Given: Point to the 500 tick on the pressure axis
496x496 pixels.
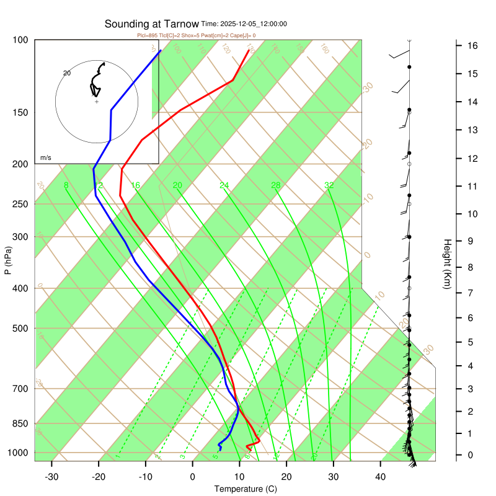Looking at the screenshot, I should point(20,329).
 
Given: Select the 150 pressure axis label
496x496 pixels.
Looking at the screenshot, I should point(20,113).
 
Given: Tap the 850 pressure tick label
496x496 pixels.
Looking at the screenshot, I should point(20,424).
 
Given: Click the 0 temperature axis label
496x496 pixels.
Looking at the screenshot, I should point(192,477).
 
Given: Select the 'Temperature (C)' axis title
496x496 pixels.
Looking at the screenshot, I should point(246,489).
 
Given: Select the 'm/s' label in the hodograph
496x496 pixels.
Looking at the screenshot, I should point(46,158).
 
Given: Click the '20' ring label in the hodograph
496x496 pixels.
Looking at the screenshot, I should point(68,73).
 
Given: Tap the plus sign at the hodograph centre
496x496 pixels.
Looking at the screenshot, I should point(97,101).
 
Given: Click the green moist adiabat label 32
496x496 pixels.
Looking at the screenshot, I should point(329,185).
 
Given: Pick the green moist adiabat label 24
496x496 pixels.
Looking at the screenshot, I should point(224,185).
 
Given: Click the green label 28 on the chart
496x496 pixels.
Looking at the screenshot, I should point(276,185).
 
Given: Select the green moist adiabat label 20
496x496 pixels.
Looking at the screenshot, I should point(177,185).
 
